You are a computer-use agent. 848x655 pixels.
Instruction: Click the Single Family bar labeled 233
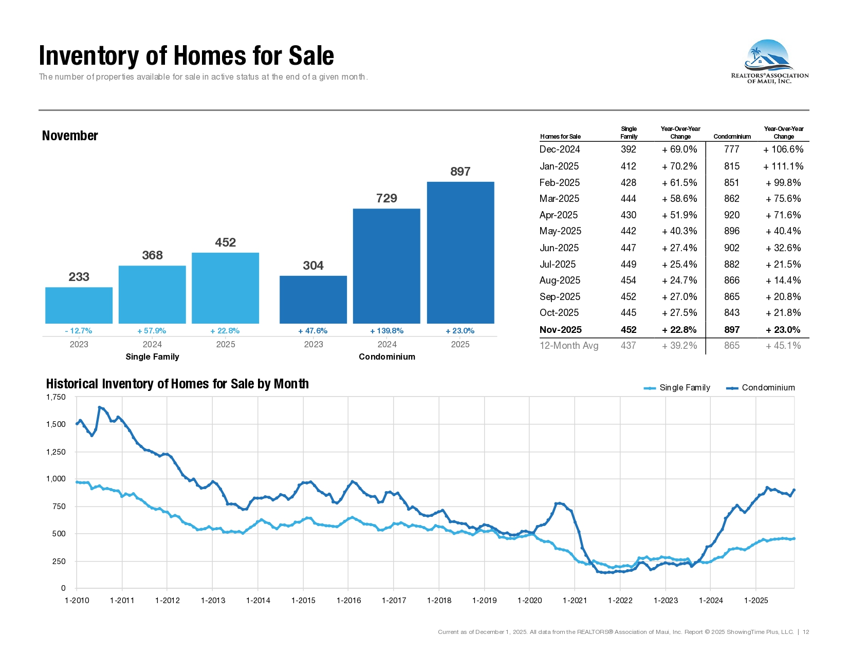tap(79, 305)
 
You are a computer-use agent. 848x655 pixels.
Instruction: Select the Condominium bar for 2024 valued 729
tap(386, 266)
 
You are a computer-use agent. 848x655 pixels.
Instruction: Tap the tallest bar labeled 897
tap(460, 252)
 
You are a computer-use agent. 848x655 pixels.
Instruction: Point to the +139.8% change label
tap(386, 331)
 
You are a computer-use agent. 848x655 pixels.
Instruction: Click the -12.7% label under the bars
tap(79, 331)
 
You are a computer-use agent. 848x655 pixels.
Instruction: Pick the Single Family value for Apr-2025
tap(629, 215)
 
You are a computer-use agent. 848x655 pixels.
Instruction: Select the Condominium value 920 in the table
tap(732, 215)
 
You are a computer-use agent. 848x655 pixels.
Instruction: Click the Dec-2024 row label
tap(560, 149)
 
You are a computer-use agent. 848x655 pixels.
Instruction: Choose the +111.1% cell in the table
tap(783, 166)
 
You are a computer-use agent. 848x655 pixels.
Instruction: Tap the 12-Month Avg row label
tap(569, 346)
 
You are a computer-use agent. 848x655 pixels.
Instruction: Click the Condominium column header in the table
tap(732, 137)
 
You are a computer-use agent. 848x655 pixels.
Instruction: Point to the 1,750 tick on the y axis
tap(56, 397)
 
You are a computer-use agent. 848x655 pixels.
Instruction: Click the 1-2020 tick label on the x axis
tap(529, 601)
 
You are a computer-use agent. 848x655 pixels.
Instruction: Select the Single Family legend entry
tap(677, 388)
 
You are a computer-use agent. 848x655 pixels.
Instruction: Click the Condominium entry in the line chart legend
tap(760, 388)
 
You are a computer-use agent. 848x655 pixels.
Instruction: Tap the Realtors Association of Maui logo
tap(769, 62)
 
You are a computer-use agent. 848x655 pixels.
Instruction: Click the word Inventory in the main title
tap(89, 55)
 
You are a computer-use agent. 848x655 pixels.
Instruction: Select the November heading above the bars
tap(70, 136)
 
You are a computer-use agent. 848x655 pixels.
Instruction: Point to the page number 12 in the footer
tap(806, 632)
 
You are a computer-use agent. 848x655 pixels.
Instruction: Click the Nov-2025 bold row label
tap(560, 330)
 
